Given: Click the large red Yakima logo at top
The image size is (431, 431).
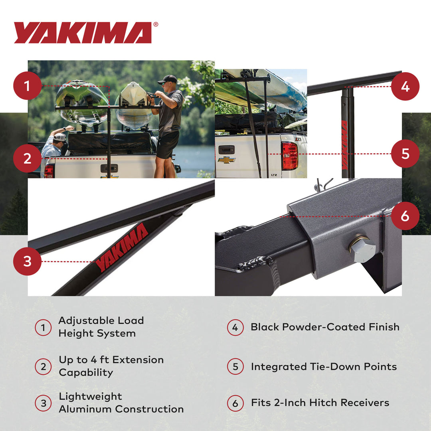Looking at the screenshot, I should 83,33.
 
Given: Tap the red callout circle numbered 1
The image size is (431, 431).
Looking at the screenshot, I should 27,85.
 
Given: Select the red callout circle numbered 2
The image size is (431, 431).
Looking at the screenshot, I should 27,158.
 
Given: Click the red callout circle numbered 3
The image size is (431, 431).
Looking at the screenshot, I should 27,261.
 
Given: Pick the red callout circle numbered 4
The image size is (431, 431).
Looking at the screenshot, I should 405,86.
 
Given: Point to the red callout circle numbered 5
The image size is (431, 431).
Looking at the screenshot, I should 405,154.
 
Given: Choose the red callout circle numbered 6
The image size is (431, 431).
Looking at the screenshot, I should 405,216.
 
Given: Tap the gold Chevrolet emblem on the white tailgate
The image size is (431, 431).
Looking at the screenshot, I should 226,160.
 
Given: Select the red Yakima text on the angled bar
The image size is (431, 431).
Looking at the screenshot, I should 122,247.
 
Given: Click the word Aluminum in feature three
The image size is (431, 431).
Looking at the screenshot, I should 85,409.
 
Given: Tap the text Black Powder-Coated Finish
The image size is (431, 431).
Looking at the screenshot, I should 325,327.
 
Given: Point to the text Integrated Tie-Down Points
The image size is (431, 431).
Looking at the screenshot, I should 324,367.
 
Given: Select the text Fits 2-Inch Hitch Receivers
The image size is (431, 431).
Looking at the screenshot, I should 320,403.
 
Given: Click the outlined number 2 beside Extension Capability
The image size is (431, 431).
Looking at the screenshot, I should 43,367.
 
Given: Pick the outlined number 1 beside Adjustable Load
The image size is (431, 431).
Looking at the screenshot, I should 43,328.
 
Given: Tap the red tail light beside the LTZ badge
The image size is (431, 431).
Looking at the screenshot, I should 290,156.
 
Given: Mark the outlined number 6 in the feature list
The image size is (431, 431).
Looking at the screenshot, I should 235,403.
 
